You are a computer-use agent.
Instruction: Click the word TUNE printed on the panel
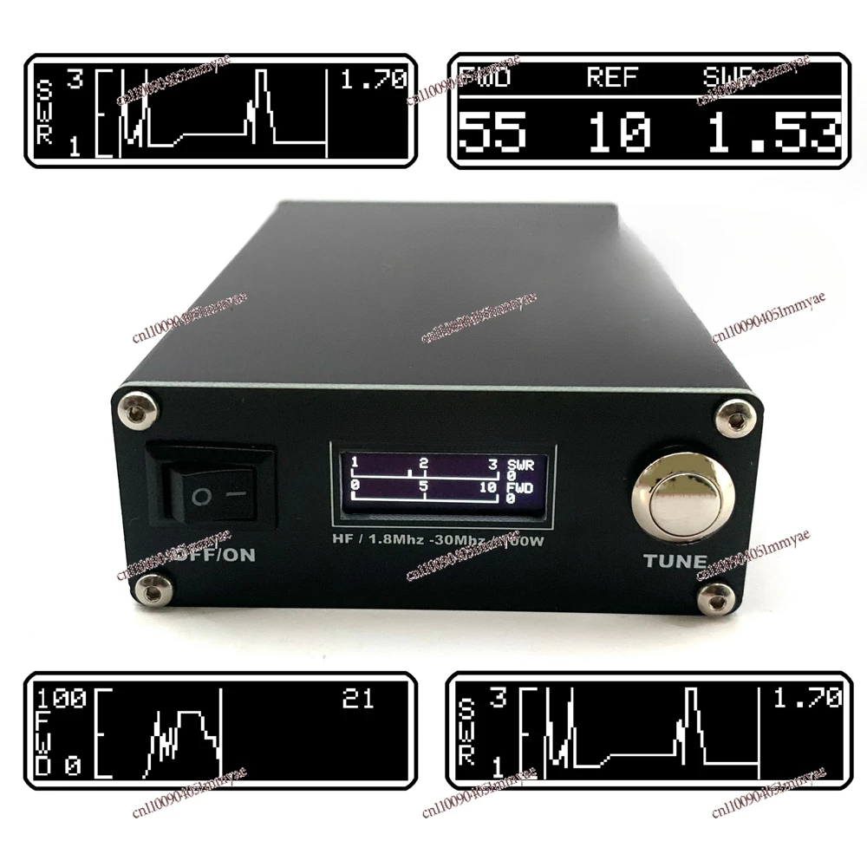pyautogui.click(x=675, y=560)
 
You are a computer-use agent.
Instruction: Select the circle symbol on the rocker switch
pyautogui.click(x=201, y=498)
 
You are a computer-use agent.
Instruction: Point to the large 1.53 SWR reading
pyautogui.click(x=772, y=134)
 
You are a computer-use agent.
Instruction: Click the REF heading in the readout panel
pyautogui.click(x=613, y=78)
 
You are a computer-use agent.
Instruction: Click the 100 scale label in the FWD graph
pyautogui.click(x=61, y=699)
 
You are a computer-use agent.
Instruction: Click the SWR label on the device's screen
pyautogui.click(x=521, y=465)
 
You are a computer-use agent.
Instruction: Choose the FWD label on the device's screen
pyautogui.click(x=521, y=487)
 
